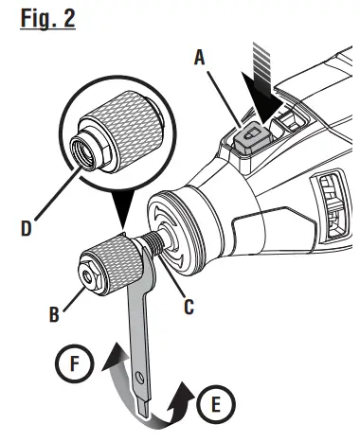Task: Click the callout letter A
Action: point(200,57)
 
